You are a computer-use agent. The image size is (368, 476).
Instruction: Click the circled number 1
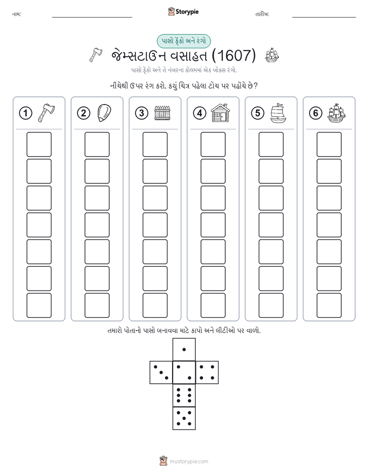25,113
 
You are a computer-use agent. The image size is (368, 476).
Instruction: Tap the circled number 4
199,113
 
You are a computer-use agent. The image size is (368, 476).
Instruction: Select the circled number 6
315,113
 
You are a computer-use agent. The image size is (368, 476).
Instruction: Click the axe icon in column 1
46,113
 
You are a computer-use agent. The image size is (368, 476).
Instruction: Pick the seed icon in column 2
104,113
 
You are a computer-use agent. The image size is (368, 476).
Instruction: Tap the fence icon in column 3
162,113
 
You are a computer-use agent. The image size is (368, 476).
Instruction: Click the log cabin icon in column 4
221,113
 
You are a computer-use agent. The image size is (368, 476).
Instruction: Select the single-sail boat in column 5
278,113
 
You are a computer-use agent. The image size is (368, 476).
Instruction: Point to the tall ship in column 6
337,113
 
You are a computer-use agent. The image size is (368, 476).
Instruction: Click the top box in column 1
39,144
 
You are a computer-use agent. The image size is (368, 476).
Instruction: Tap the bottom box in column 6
329,305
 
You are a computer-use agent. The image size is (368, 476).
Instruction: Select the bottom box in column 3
155,305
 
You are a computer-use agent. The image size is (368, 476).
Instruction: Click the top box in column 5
271,144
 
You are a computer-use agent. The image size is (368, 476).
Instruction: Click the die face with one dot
184,349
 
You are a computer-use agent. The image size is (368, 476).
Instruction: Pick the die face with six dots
184,395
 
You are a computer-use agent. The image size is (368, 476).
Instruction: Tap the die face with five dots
184,418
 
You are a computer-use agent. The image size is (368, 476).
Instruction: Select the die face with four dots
207,372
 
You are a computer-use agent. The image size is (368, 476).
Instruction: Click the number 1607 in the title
233,55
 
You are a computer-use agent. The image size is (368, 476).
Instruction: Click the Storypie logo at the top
183,11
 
